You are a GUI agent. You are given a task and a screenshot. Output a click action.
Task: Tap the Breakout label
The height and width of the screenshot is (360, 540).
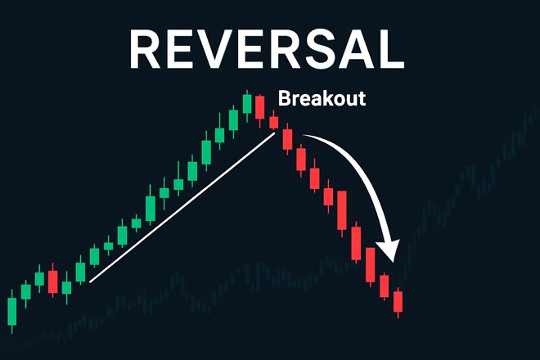322,98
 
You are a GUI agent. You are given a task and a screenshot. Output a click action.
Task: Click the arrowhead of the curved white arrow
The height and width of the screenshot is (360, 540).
390,249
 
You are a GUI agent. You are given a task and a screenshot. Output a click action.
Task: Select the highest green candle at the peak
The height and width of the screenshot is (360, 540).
247,104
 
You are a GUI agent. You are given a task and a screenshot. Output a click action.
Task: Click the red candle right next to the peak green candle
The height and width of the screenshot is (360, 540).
260,107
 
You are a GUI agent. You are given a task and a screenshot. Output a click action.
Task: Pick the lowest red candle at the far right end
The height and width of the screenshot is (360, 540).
398,302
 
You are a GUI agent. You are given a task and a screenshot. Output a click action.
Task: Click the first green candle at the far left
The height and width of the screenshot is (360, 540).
12,310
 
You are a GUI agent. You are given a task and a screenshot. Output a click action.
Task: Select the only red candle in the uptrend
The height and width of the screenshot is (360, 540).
52,281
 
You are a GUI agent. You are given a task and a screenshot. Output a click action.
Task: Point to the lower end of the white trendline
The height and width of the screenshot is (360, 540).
91,281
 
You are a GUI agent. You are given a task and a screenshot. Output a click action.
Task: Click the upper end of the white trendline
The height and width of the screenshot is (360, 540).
276,133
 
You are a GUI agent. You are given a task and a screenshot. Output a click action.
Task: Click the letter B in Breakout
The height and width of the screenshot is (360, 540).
285,98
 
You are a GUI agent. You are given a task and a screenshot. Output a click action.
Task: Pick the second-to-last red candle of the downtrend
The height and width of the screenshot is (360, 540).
385,285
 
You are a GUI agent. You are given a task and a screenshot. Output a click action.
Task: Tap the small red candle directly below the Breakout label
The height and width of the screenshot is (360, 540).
274,122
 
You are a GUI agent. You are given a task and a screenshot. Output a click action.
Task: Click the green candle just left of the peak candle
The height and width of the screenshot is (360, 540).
234,120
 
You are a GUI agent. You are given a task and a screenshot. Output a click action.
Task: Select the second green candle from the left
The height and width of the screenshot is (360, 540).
26,291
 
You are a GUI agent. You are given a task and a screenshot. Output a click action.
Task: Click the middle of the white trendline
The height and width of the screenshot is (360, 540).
183,208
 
